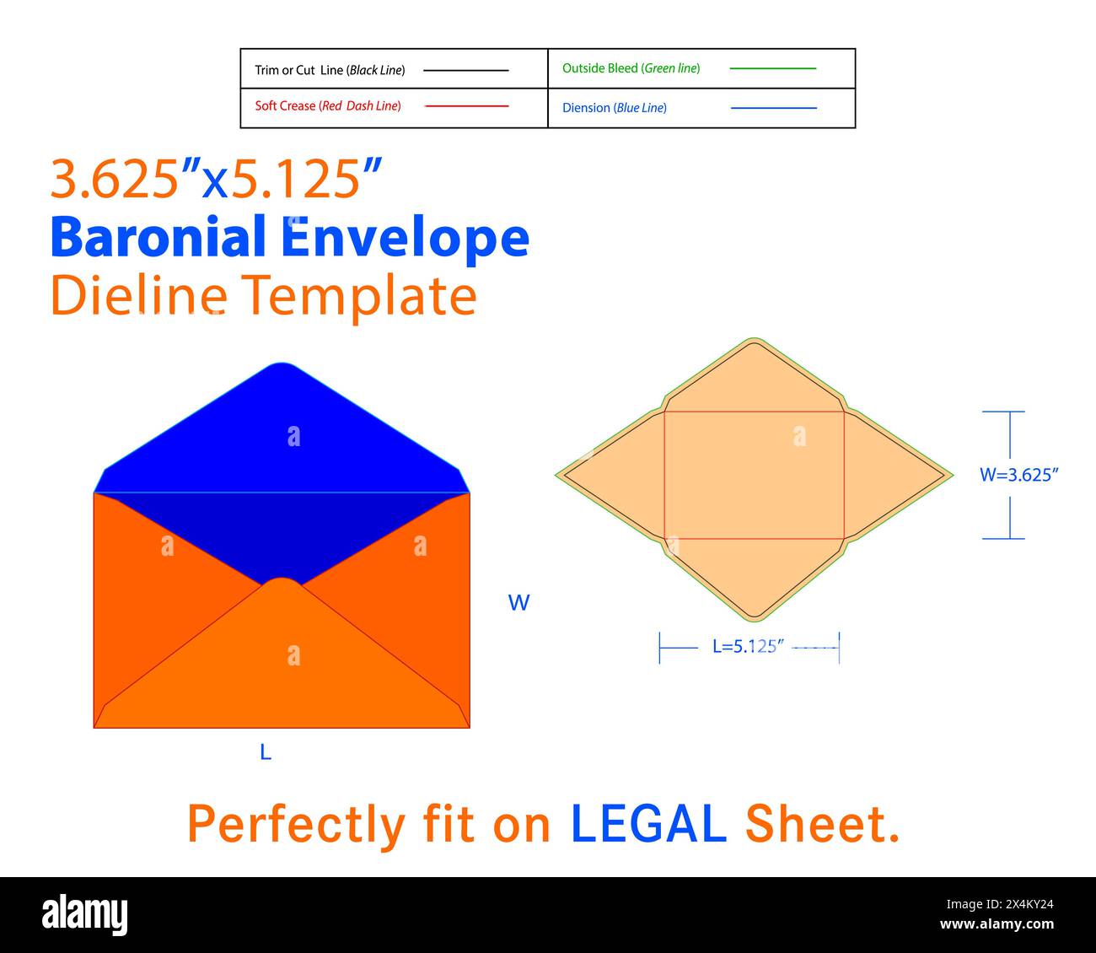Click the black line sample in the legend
point(465,70)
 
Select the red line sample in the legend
point(466,106)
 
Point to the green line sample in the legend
point(772,68)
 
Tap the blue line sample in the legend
point(773,108)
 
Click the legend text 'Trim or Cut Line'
point(299,70)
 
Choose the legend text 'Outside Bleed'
point(600,68)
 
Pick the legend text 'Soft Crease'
point(285,105)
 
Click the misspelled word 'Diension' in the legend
point(586,108)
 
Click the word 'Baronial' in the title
point(158,236)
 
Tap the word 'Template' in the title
point(359,295)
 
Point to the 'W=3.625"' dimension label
point(1019,475)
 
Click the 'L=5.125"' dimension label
point(748,647)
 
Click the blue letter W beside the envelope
point(518,603)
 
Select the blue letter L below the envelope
point(266,752)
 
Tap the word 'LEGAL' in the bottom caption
point(648,824)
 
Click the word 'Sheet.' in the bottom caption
point(822,824)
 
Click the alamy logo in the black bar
point(84,915)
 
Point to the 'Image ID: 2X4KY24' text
point(1000,904)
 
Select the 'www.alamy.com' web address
point(997,924)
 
